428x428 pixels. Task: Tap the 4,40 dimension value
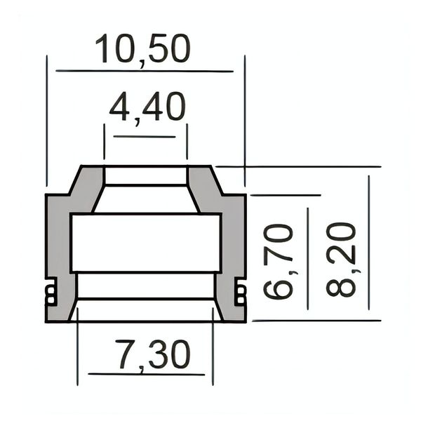pyautogui.click(x=147, y=108)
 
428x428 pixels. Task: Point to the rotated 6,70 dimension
pyautogui.click(x=279, y=261)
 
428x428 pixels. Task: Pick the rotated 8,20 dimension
pyautogui.click(x=341, y=260)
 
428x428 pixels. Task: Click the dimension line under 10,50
pyautogui.click(x=145, y=72)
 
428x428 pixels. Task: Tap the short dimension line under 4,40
pyautogui.click(x=145, y=137)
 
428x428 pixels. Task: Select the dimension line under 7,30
pyautogui.click(x=147, y=374)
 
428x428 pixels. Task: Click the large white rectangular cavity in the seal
pyautogui.click(x=146, y=243)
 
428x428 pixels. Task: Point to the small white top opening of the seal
pyautogui.click(x=146, y=176)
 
